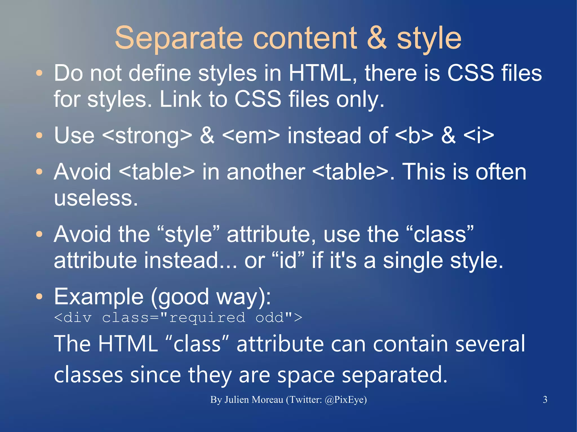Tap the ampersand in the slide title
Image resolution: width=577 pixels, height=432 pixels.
pyautogui.click(x=377, y=38)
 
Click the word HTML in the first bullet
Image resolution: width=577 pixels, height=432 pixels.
pyautogui.click(x=323, y=73)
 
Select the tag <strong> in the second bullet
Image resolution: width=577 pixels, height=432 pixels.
pyautogui.click(x=147, y=136)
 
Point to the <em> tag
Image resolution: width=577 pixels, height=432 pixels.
pyautogui.click(x=251, y=136)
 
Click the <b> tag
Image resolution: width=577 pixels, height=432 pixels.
pyautogui.click(x=414, y=136)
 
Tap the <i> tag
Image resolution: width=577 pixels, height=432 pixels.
pyautogui.click(x=479, y=136)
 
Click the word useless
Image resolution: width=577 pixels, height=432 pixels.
pyautogui.click(x=96, y=198)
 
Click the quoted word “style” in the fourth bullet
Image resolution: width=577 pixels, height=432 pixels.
pyautogui.click(x=188, y=234)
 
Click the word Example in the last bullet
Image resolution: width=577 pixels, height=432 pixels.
pyautogui.click(x=99, y=297)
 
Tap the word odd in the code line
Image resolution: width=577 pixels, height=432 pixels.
pyautogui.click(x=270, y=318)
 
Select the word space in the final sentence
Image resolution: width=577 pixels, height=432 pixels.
pyautogui.click(x=306, y=375)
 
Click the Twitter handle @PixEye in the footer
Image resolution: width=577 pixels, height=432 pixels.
pyautogui.click(x=345, y=400)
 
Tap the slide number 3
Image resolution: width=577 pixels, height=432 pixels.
pyautogui.click(x=545, y=400)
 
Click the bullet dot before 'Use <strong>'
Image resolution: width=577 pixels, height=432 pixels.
pyautogui.click(x=39, y=136)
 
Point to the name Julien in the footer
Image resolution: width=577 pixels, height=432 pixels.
pyautogui.click(x=240, y=400)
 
